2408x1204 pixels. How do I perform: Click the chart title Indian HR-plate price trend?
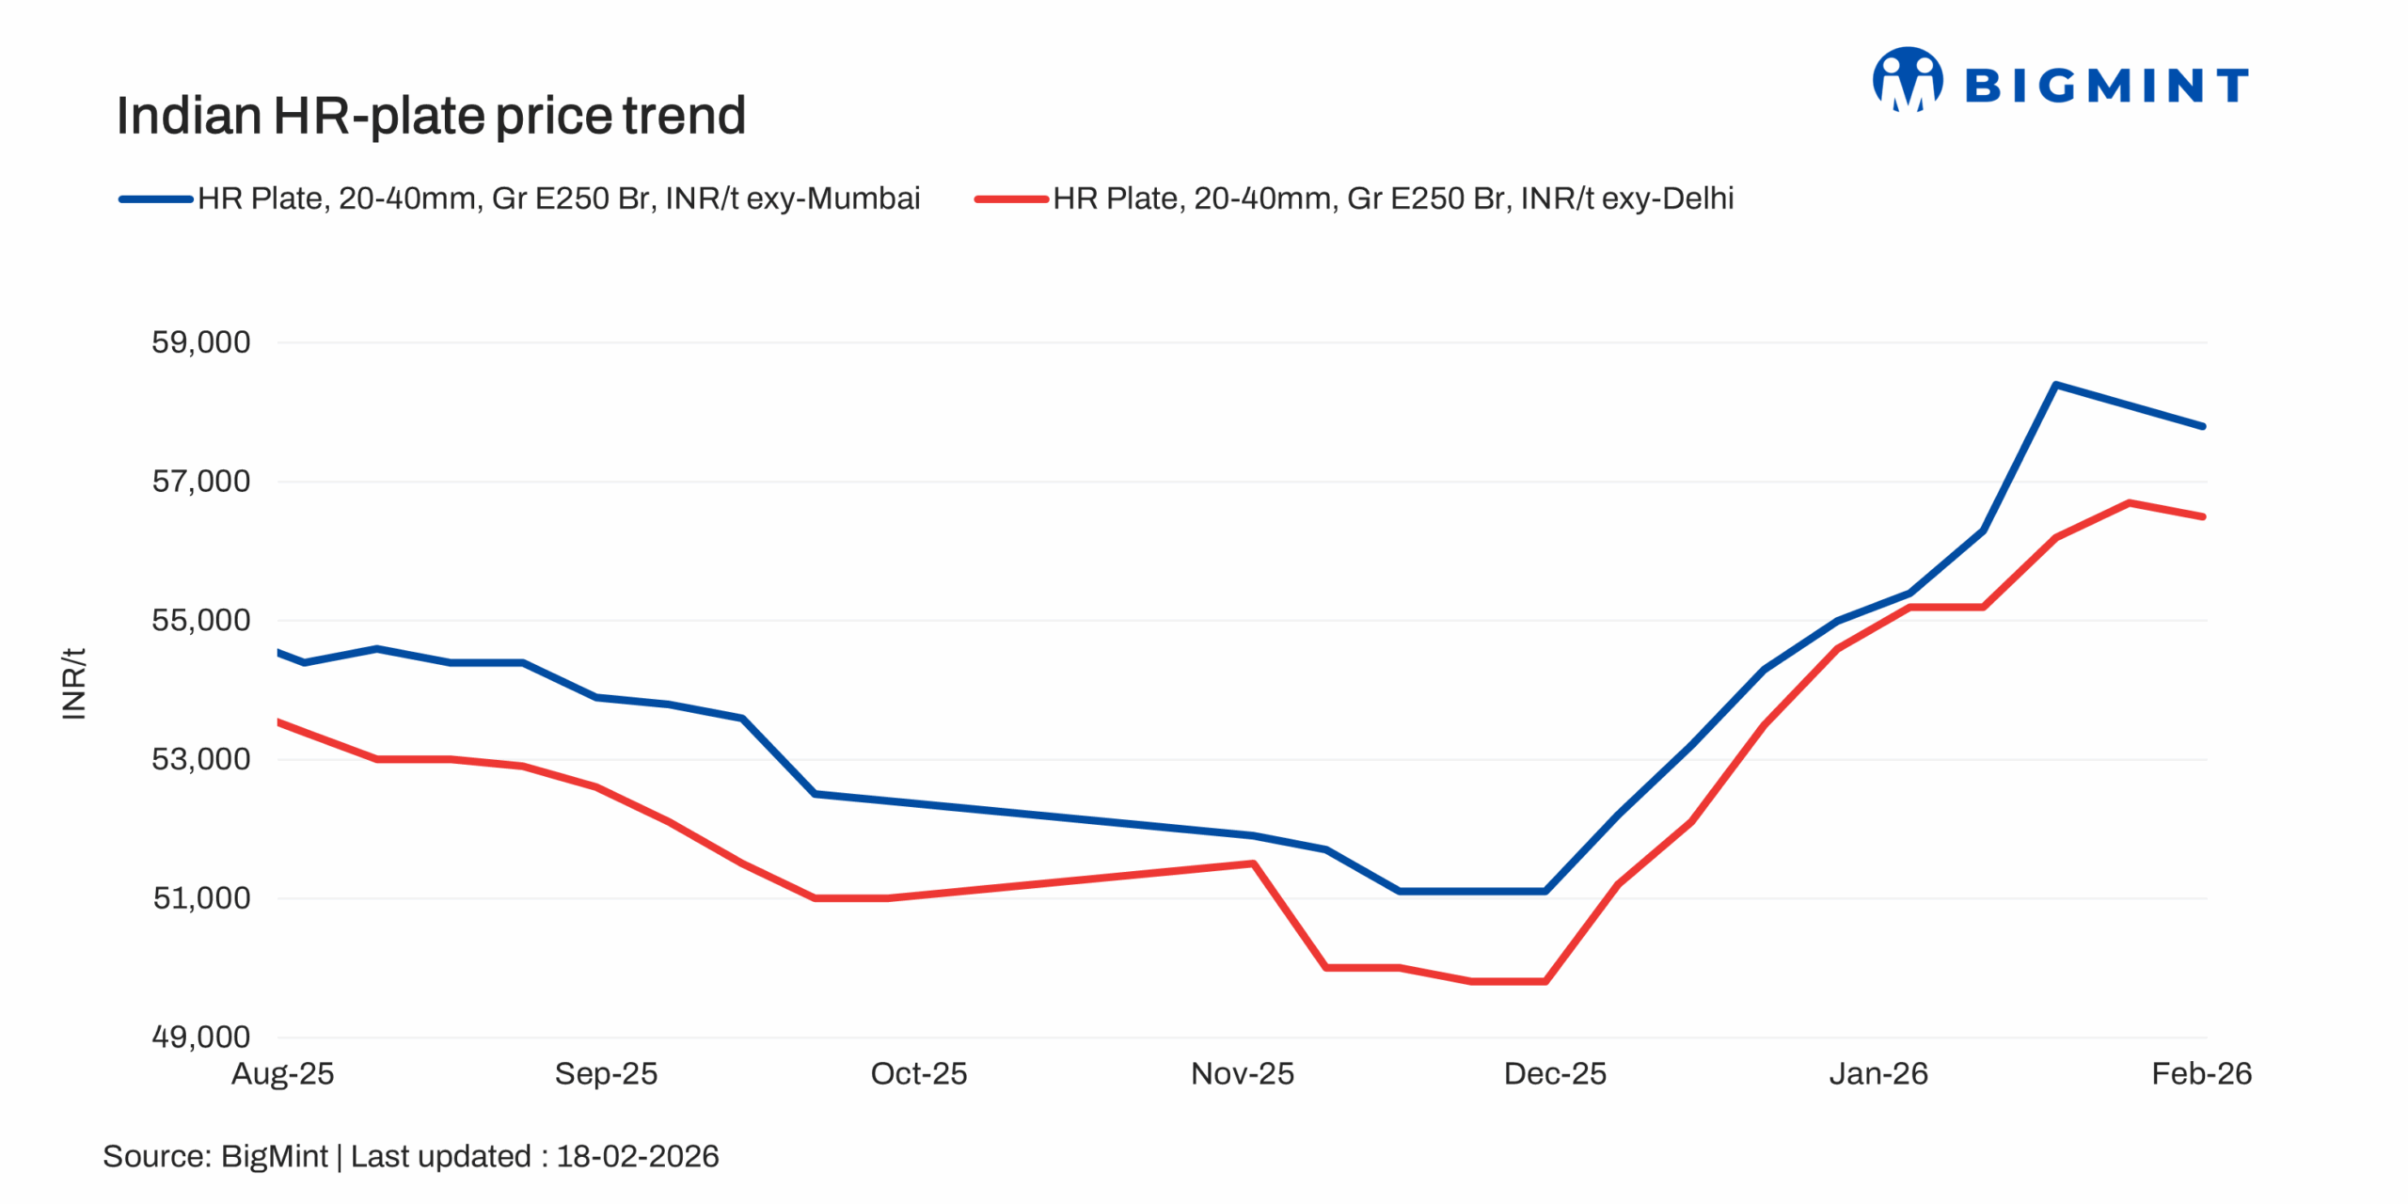pos(431,117)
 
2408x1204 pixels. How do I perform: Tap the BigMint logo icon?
pos(1907,81)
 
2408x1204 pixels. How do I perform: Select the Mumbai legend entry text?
pos(559,198)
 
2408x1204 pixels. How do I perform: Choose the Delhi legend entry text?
pos(1392,198)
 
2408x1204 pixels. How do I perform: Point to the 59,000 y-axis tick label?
pos(200,342)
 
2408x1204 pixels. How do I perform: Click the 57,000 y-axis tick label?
pos(200,482)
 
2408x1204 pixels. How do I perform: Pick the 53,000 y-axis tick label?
pos(200,759)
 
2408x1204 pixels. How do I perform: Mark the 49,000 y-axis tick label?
pos(200,1037)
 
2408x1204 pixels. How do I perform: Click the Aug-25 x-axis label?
pos(282,1073)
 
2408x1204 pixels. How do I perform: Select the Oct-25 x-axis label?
pos(918,1073)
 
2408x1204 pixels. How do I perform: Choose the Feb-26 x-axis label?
pos(2200,1073)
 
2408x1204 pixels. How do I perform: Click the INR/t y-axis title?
pos(73,684)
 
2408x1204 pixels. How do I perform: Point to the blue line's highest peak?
pos(2056,385)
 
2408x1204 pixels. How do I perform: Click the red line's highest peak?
pos(2129,503)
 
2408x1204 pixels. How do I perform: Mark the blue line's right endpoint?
pos(2202,426)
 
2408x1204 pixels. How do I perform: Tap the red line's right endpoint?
pos(2202,516)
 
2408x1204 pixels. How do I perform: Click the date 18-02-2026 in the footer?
pos(637,1156)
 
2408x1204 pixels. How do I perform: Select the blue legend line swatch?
pos(155,199)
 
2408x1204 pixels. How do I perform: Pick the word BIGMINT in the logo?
pos(2106,87)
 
